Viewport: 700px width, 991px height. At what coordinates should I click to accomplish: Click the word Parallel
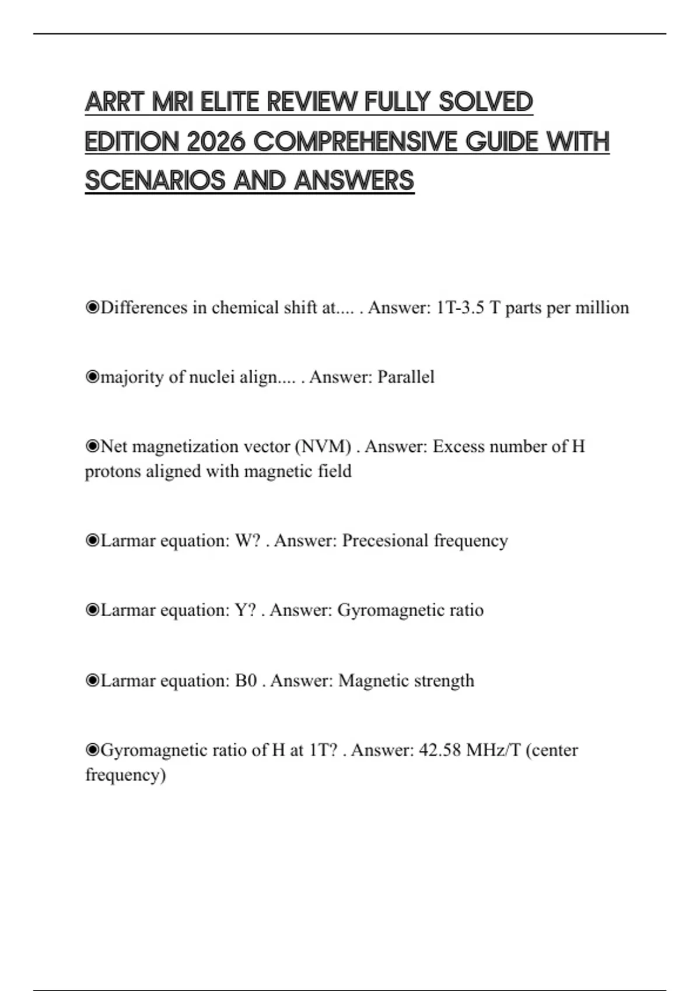pos(406,377)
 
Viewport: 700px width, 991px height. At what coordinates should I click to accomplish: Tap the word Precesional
pos(385,541)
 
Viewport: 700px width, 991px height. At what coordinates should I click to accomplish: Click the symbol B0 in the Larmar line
pos(246,681)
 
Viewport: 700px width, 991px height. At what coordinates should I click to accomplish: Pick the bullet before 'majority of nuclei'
pos(92,377)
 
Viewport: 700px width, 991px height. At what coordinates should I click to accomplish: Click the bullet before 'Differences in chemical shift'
pos(92,308)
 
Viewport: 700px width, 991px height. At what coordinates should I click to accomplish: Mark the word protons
pos(113,471)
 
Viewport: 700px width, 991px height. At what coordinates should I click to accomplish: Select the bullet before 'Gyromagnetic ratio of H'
pos(92,750)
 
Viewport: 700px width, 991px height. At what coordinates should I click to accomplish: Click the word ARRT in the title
pos(114,102)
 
